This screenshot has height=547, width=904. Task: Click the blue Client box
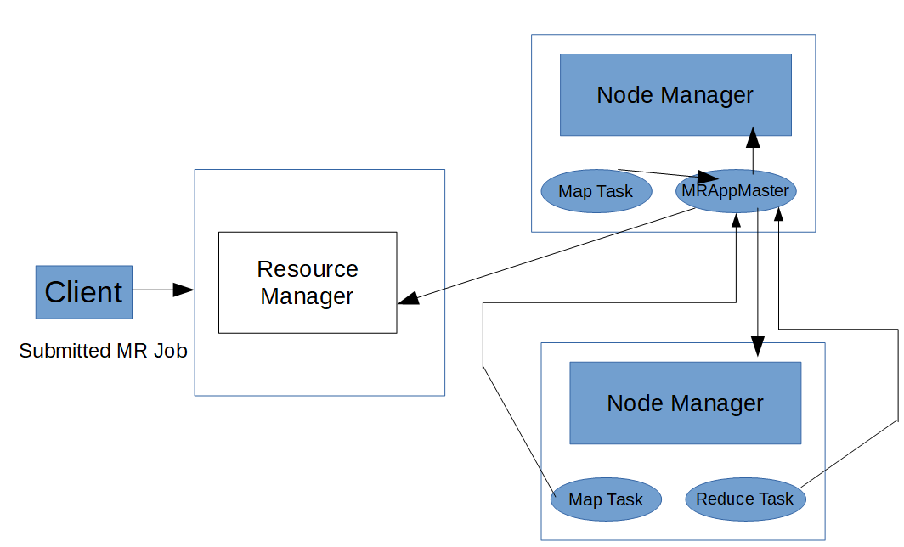83,292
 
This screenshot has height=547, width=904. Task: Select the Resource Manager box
307,282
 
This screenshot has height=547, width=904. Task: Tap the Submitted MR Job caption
103,351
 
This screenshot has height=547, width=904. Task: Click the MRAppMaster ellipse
736,191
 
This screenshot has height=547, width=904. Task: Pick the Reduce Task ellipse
744,499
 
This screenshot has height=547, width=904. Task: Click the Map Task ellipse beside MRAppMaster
596,191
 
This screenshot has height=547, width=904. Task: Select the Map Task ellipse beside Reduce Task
606,499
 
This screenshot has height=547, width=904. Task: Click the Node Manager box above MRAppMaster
675,94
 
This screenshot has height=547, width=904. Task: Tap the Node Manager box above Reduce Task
685,403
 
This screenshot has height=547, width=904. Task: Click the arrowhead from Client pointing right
184,290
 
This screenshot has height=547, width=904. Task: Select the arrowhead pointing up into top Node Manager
753,138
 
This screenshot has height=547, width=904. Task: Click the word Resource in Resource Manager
308,269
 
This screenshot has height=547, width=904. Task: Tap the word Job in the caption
170,351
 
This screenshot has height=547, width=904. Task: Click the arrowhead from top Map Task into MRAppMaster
708,178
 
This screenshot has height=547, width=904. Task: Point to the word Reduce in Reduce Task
722,499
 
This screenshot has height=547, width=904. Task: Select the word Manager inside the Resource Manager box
307,296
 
